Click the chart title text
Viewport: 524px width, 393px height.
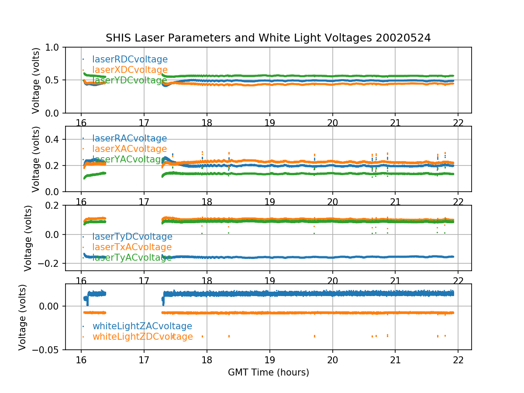pos(268,38)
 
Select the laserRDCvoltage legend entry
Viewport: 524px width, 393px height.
pos(130,59)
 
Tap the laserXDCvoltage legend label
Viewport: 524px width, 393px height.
pos(130,70)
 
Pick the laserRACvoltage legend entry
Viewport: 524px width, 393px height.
pos(129,138)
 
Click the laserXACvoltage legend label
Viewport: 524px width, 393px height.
pos(129,149)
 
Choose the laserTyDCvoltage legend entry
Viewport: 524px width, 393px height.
pos(132,237)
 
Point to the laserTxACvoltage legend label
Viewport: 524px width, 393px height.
pos(132,247)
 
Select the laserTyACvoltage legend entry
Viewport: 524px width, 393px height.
pos(132,258)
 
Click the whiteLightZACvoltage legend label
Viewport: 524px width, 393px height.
pos(142,326)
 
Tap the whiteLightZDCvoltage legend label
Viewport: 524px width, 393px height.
pos(142,337)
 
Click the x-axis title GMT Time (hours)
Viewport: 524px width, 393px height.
pos(268,372)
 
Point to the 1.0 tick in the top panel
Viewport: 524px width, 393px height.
pos(55,47)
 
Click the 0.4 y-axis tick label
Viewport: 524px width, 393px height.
pos(55,139)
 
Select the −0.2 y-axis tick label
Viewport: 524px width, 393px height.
pos(51,263)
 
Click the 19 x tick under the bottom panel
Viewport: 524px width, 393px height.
pos(269,359)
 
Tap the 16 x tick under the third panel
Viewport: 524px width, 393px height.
pos(81,280)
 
